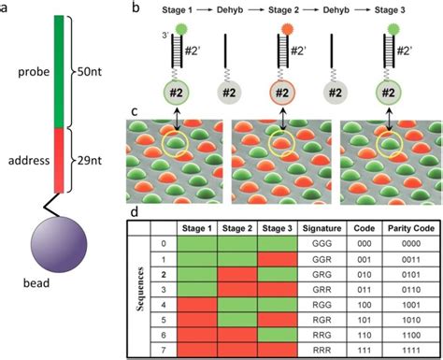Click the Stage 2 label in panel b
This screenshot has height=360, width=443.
[x=278, y=9]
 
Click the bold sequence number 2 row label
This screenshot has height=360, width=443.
[x=164, y=275]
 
